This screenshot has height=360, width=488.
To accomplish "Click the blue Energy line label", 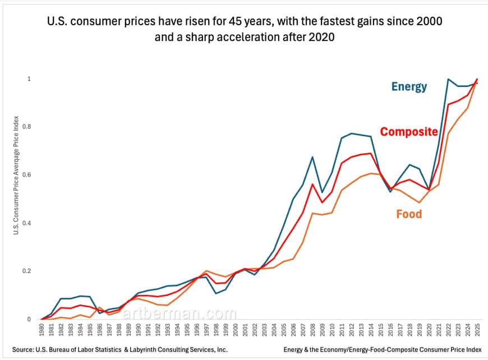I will click(409, 86).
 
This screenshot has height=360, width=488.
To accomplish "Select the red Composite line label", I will click(408, 132).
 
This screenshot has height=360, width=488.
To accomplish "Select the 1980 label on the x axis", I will click(42, 330).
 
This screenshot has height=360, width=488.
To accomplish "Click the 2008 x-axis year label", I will click(312, 330).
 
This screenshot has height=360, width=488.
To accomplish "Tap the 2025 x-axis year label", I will click(477, 330).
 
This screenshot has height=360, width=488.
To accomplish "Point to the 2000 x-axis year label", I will click(235, 330).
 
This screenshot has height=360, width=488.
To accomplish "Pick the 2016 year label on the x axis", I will click(390, 330).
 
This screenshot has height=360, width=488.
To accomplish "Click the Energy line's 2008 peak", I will click(312, 157).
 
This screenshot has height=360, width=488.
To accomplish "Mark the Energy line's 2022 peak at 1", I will click(448, 79).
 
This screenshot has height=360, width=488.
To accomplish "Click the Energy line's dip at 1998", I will click(216, 293).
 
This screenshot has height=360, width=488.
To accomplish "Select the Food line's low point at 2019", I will click(419, 202).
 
